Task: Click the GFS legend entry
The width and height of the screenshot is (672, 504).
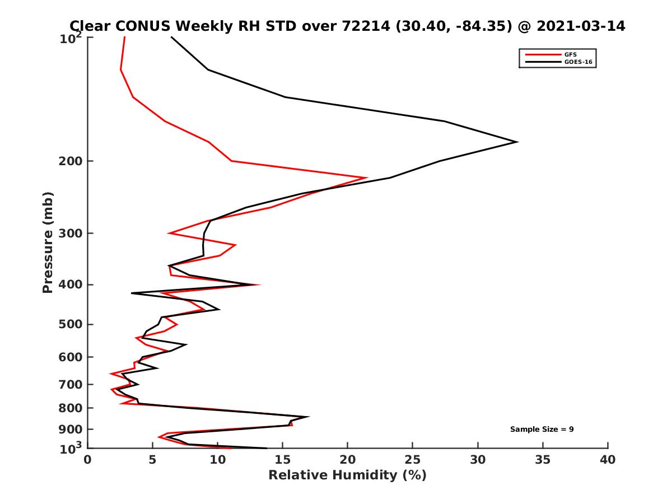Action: [571, 54]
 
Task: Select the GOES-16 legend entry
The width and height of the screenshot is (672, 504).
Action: [577, 62]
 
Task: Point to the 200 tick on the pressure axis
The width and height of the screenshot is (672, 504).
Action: [72, 161]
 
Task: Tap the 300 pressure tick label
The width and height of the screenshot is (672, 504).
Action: [72, 233]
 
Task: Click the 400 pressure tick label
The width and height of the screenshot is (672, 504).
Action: [72, 284]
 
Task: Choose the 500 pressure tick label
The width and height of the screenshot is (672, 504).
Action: [72, 324]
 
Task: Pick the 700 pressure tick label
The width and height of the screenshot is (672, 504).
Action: [72, 384]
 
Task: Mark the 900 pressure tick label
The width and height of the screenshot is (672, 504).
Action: [72, 430]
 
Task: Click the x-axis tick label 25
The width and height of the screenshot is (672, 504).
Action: [413, 460]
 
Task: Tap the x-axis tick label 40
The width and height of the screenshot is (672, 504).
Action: [608, 460]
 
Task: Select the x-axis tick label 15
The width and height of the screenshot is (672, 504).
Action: [283, 460]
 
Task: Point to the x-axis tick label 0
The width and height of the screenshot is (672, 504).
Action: [88, 460]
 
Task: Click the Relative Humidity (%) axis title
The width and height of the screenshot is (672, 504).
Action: [347, 475]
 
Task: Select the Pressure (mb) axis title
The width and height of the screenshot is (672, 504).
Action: [48, 242]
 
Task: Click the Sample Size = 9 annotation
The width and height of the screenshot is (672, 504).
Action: [542, 430]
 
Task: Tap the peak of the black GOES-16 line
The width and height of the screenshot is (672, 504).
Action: [517, 142]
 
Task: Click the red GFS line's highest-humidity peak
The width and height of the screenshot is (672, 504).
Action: [367, 178]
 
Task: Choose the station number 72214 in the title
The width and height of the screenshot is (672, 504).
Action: [363, 26]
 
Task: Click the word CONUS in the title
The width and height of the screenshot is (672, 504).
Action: [144, 26]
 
